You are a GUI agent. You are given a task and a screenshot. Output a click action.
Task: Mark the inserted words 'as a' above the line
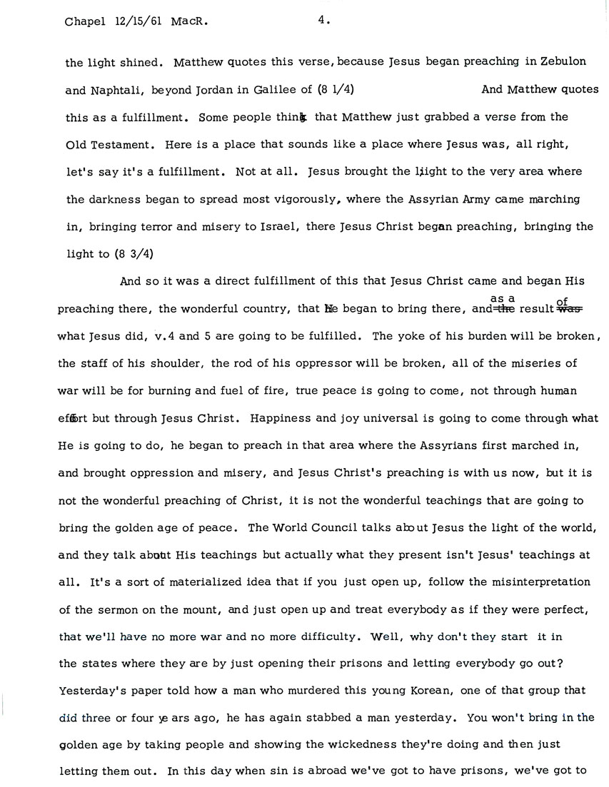pyautogui.click(x=503, y=298)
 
